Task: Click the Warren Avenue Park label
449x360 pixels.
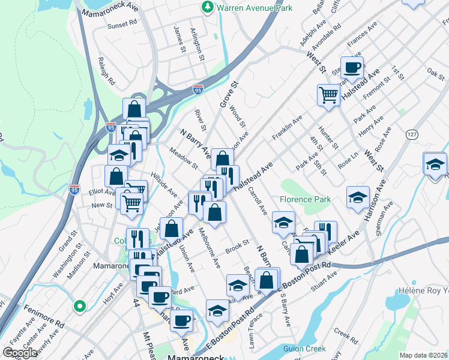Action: tap(255, 8)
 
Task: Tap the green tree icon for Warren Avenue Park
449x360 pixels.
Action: tap(208, 7)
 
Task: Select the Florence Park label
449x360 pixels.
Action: tap(305, 199)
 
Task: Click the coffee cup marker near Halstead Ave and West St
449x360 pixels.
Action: tap(352, 67)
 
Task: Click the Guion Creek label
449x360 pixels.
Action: tap(305, 349)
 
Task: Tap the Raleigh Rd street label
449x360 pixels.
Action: tap(106, 72)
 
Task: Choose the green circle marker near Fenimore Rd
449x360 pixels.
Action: tap(79, 306)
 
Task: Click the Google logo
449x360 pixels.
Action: tap(20, 353)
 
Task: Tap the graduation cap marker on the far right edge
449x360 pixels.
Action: tap(435, 164)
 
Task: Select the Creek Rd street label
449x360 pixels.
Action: tap(346, 333)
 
